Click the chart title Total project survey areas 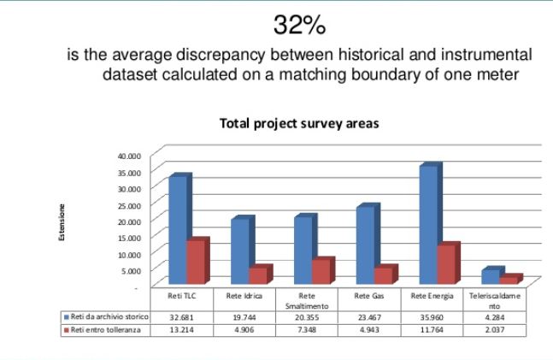click(x=299, y=123)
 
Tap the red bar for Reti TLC click(x=196, y=262)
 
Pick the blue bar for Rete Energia click(x=427, y=224)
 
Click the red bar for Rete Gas click(x=383, y=274)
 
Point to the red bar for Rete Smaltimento click(x=321, y=271)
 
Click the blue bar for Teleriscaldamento click(x=490, y=275)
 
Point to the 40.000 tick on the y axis click(x=138, y=156)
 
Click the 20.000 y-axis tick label click(x=138, y=221)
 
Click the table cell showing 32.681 click(x=183, y=316)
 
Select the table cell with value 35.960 click(x=432, y=316)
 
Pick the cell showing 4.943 click(x=369, y=328)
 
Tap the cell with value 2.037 click(x=493, y=328)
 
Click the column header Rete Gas click(x=369, y=296)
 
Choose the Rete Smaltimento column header click(x=307, y=300)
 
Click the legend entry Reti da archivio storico click(x=108, y=316)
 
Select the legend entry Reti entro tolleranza click(x=106, y=328)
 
